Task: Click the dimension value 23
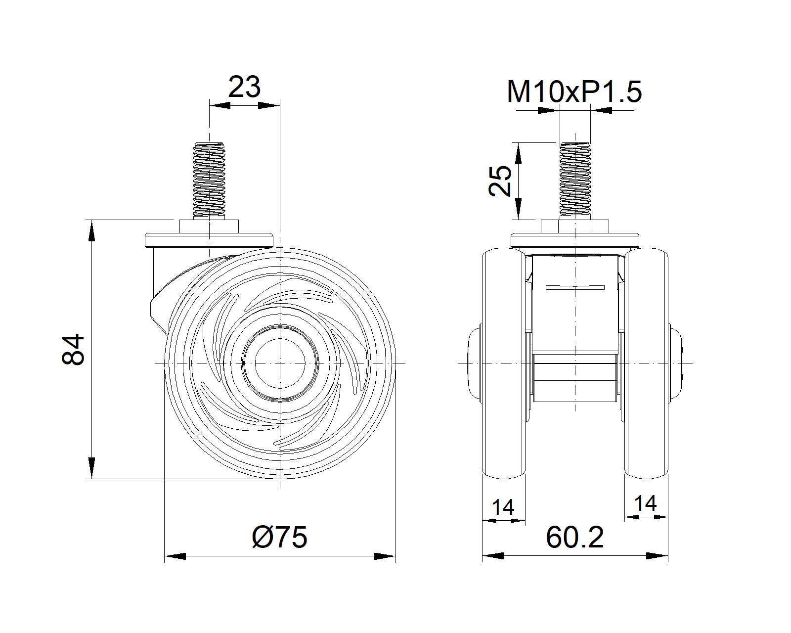click(x=244, y=87)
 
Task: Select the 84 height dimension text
click(x=73, y=349)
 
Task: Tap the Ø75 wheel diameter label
click(x=280, y=538)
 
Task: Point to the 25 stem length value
click(x=500, y=181)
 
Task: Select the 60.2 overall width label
click(x=575, y=538)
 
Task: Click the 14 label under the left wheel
click(x=503, y=507)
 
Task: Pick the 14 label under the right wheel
click(x=646, y=503)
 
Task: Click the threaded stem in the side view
click(x=209, y=180)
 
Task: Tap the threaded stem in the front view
click(x=575, y=180)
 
